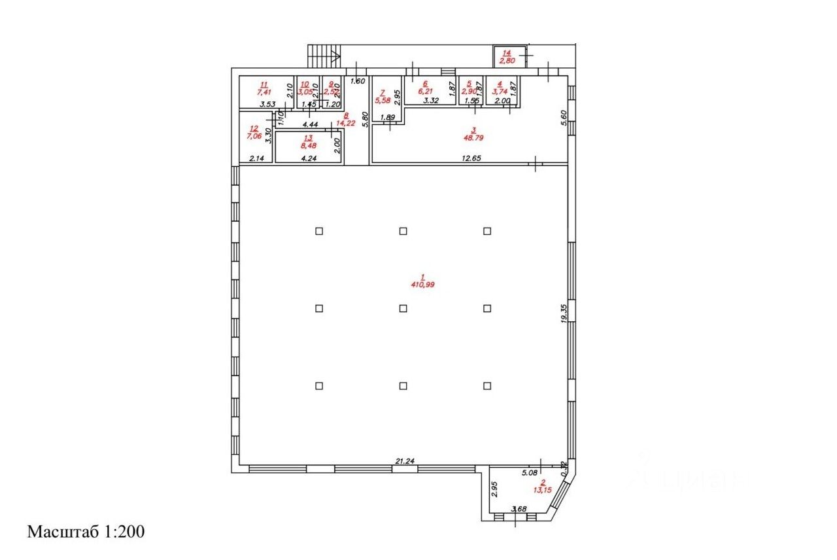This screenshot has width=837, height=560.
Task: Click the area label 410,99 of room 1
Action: (422, 285)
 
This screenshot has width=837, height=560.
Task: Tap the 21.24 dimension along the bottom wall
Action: (405, 461)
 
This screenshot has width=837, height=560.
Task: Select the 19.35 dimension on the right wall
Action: (564, 311)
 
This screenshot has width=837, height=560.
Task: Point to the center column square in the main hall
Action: (403, 308)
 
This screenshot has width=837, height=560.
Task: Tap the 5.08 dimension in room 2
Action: (529, 471)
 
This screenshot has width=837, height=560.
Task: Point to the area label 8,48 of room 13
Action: (309, 146)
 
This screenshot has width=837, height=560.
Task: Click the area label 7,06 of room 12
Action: (254, 137)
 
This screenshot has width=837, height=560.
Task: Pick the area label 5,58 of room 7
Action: (383, 100)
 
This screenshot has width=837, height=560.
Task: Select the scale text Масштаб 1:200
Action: (86, 531)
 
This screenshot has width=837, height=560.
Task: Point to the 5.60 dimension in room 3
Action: (564, 118)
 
